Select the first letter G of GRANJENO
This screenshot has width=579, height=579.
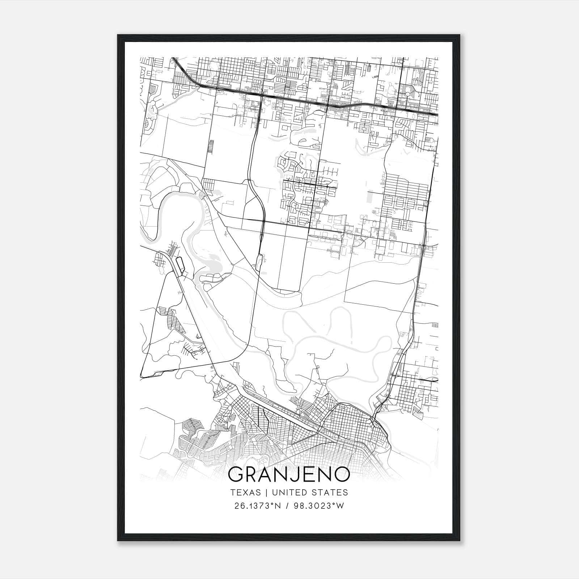[236, 474]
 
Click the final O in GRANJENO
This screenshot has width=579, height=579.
[341, 474]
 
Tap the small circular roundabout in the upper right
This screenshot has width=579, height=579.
[408, 94]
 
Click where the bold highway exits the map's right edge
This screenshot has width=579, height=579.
[438, 115]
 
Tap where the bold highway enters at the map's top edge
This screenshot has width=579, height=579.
[173, 58]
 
